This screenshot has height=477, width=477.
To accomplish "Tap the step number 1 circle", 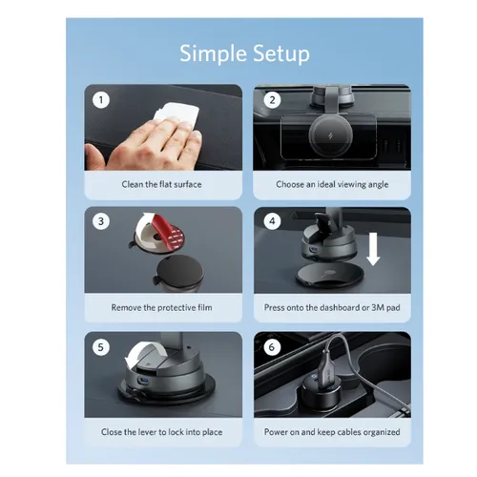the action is (x=101, y=100).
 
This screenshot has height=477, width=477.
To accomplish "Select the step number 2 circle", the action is (x=272, y=100).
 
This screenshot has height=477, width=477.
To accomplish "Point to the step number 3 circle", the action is (x=101, y=221).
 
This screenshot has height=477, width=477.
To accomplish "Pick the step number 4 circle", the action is (x=272, y=221).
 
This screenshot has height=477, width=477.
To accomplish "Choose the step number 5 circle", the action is (x=101, y=347).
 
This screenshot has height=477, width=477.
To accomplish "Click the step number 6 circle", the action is (x=272, y=347).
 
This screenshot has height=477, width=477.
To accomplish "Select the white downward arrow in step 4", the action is (x=373, y=249).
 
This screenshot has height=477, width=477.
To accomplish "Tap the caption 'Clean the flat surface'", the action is (x=161, y=184).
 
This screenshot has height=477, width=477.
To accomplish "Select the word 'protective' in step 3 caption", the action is (x=176, y=308).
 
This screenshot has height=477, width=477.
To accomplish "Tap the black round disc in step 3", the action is (x=179, y=270).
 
